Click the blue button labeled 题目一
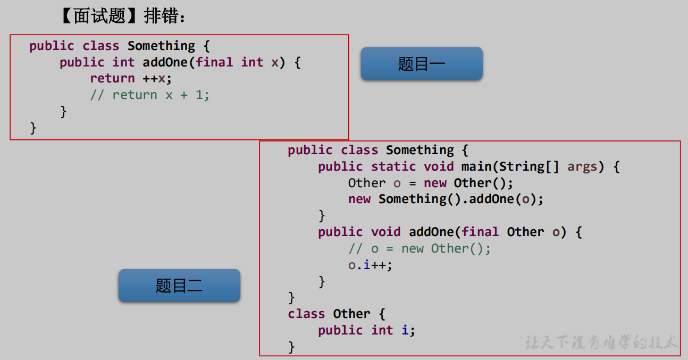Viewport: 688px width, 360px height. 421,64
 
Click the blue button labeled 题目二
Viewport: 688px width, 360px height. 179,286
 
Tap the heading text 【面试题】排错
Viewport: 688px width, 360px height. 123,16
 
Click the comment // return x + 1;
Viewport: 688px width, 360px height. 150,95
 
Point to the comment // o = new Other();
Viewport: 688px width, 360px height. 419,248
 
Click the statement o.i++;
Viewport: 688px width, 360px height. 370,265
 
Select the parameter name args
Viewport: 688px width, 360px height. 582,166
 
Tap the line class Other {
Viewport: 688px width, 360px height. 336,314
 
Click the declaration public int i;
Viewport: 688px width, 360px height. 366,330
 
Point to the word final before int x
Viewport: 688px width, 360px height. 214,62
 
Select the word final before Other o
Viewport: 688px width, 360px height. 480,232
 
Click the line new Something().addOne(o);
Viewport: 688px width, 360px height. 446,199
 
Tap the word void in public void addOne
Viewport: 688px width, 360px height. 385,232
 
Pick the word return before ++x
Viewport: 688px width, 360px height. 112,78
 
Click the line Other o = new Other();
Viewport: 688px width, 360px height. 431,183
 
